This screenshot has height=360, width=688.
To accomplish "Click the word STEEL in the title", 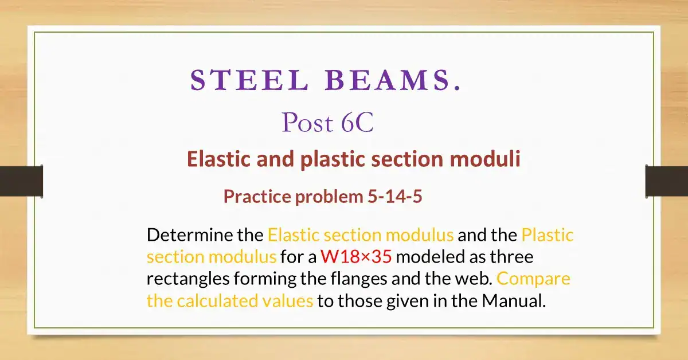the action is point(249,80).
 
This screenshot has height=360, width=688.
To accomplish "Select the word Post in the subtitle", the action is point(307,123).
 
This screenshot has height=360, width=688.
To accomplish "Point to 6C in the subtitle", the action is point(357,123).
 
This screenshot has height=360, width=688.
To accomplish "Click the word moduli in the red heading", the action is point(485,159).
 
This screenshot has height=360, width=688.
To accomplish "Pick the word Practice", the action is point(257,197).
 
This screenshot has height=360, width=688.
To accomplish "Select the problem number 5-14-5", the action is point(395,196).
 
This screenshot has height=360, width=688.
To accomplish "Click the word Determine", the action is point(190,235).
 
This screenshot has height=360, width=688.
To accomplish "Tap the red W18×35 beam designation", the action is point(356,257).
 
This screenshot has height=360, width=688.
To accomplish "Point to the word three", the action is point(511,257).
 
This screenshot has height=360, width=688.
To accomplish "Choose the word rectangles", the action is point(188,279).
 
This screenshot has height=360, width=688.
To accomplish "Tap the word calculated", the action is point(217,301).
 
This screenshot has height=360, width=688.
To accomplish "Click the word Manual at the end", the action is point(514,301).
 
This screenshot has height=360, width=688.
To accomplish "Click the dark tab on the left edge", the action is point(21,181).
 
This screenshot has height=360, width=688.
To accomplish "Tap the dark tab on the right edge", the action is point(667,181).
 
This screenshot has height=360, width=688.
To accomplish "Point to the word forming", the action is point(265,279).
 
